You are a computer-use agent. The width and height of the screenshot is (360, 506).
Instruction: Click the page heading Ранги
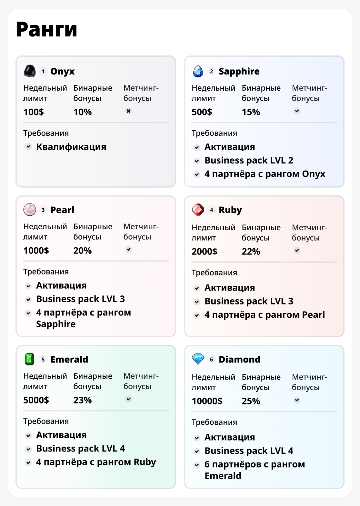tap(47, 29)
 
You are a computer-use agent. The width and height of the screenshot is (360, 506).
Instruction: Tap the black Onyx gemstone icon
tap(30, 71)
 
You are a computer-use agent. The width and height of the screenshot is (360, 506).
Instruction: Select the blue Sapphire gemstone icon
tap(198, 71)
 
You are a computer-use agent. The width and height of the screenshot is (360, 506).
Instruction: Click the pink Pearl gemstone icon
tap(30, 210)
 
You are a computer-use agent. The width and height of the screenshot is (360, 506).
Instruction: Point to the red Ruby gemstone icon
tap(198, 210)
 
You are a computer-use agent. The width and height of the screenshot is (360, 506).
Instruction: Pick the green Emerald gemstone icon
tap(30, 359)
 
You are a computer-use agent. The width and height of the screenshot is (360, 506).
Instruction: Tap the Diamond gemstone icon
tap(198, 359)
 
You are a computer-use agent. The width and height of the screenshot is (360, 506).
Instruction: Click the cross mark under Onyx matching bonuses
tap(129, 111)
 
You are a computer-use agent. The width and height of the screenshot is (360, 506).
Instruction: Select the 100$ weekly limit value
tap(34, 112)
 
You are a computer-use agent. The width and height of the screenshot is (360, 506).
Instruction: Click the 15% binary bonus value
tap(251, 112)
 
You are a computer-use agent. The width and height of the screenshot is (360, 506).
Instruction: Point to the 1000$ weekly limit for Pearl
tap(36, 251)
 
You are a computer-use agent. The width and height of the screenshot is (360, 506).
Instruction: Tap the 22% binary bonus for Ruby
tap(251, 252)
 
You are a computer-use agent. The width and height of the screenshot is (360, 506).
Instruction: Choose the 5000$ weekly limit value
tap(36, 400)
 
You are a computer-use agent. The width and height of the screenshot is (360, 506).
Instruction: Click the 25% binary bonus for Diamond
tap(251, 401)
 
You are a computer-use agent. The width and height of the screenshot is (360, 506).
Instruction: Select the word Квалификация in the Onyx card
tap(71, 147)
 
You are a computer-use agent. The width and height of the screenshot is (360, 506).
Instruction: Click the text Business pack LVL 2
tap(249, 161)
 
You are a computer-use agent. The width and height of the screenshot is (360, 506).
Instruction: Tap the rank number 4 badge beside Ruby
tap(212, 210)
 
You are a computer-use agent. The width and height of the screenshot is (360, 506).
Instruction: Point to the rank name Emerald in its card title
tap(69, 359)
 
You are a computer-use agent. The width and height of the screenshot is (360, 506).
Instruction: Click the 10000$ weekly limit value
tap(207, 401)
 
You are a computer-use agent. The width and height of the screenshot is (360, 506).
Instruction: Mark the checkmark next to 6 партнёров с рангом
tap(197, 465)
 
